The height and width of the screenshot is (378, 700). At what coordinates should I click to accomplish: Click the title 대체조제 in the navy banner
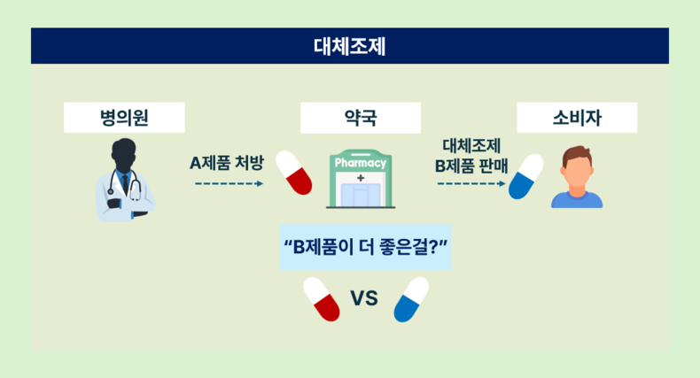click(x=349, y=46)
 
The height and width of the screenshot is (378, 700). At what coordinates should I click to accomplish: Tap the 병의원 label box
click(x=124, y=118)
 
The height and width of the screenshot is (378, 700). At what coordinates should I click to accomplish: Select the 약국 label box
click(x=361, y=118)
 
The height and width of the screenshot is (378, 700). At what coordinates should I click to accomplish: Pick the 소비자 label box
click(x=577, y=118)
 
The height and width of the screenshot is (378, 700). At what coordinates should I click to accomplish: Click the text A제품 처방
click(x=227, y=163)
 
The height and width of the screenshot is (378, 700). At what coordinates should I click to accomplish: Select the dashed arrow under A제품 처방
click(x=229, y=183)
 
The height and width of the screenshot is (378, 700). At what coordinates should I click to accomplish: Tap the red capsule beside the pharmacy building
click(x=294, y=173)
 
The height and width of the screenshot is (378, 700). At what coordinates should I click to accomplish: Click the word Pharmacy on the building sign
click(x=361, y=163)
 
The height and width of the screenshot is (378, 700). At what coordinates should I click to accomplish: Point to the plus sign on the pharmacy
click(x=361, y=178)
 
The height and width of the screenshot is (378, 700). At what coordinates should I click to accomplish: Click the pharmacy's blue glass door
click(x=361, y=195)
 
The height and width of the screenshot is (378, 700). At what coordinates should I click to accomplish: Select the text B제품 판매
click(x=471, y=166)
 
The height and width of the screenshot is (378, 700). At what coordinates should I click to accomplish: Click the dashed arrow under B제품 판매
click(x=471, y=183)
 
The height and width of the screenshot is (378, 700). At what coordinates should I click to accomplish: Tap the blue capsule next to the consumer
click(x=526, y=176)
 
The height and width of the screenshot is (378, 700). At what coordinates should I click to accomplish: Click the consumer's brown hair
click(x=577, y=155)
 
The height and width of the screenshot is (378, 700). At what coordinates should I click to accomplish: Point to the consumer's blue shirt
click(x=577, y=199)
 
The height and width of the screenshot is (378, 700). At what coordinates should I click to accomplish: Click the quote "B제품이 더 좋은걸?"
click(x=366, y=246)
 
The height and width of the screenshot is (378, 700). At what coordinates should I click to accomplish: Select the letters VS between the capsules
click(x=364, y=298)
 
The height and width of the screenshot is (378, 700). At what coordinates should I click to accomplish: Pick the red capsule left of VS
click(x=322, y=299)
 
